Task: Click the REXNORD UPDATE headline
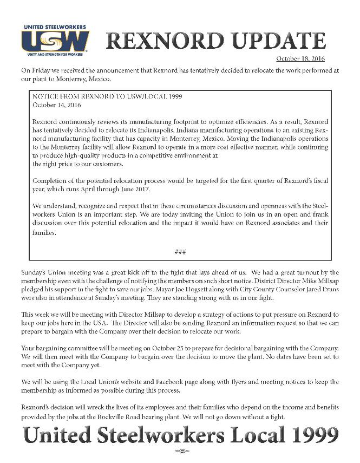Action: coord(215,41)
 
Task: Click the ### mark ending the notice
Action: coord(180,251)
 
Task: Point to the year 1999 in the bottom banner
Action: coord(310,435)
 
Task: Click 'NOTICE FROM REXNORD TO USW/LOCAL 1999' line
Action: coord(107,96)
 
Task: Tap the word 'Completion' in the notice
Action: coord(53,180)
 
